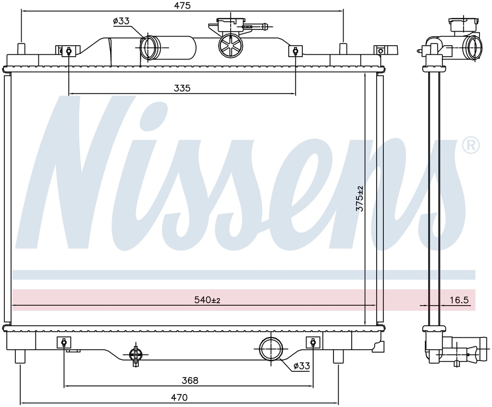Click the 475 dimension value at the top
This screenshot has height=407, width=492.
pos(182,5)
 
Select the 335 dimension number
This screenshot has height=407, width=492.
pos(182,88)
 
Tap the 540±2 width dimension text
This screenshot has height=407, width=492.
pos(207,300)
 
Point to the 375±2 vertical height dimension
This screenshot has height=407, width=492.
pos(360,198)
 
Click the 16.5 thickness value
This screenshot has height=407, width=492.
pos(459,300)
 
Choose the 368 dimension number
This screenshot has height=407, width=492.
pos(190,380)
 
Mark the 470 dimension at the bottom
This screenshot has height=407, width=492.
pos(179,397)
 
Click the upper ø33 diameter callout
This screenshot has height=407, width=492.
pos(121,21)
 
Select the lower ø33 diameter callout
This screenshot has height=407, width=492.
pos(302,366)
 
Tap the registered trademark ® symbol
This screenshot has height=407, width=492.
pos(471,146)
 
